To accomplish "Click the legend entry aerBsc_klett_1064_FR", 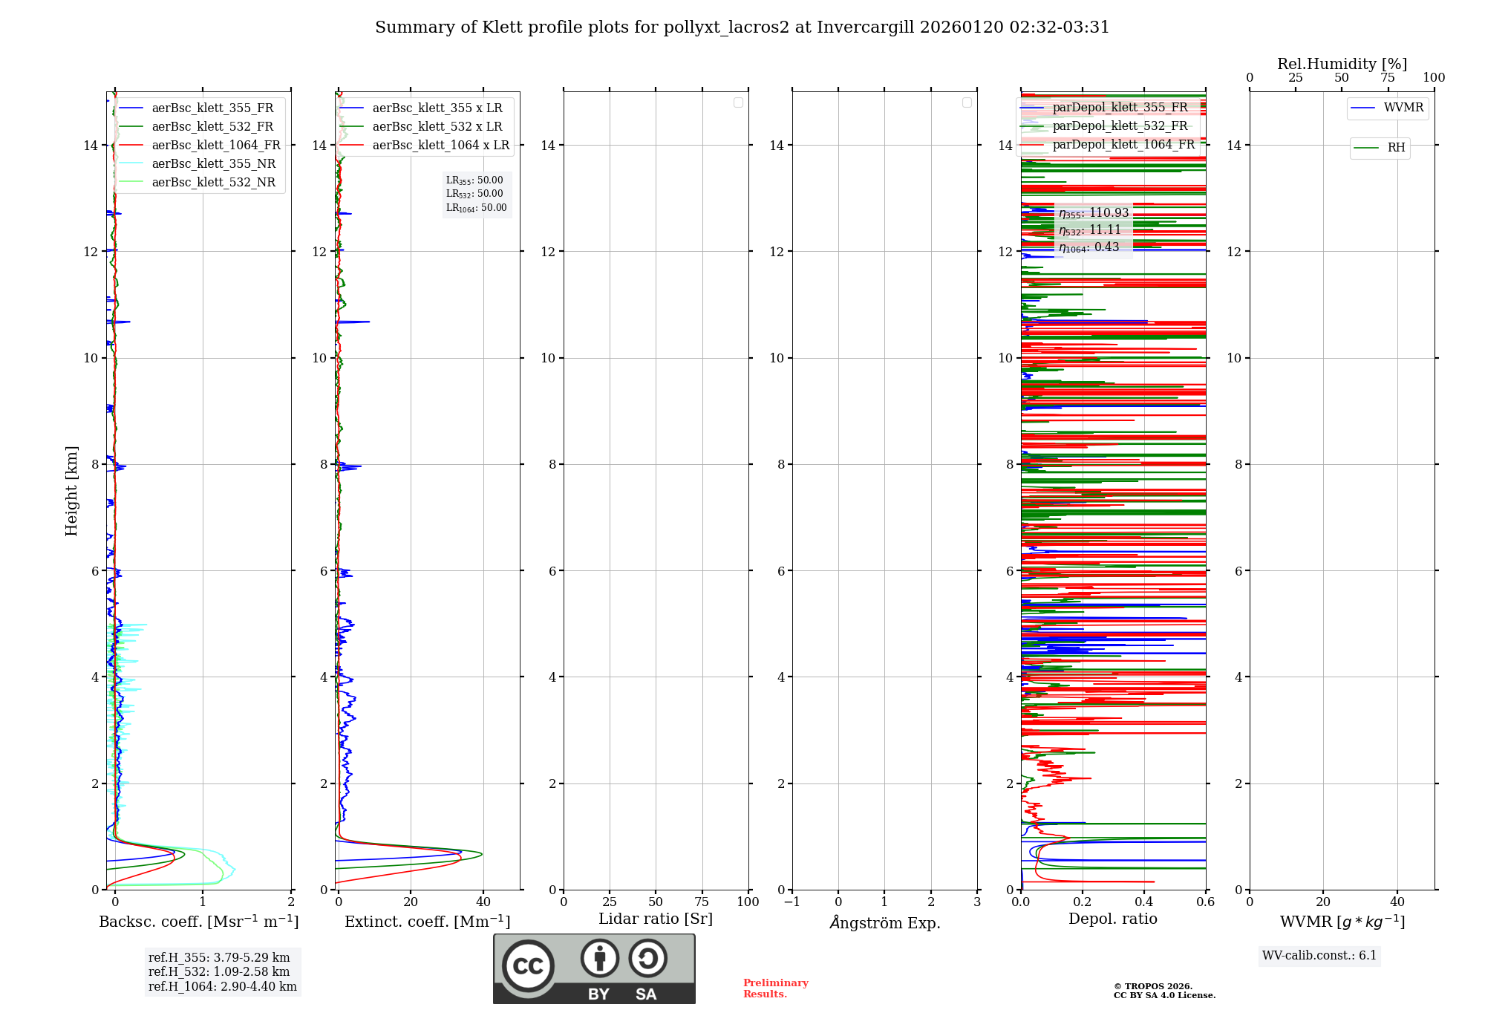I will tap(215, 146).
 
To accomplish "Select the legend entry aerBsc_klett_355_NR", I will tap(213, 164).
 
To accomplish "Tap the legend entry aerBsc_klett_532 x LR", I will tap(437, 127).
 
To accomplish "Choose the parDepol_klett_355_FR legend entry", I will tap(1120, 108).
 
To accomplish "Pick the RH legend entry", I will tap(1396, 148).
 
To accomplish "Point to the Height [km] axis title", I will tap(71, 491).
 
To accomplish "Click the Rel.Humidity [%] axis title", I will tap(1342, 64).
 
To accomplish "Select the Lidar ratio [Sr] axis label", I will tap(656, 919).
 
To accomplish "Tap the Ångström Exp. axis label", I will tap(884, 923).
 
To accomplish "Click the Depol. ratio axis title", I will tap(1112, 919).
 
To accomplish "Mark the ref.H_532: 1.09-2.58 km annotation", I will tap(219, 972).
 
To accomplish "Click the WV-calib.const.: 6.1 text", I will tap(1319, 956).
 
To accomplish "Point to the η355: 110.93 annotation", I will tap(1094, 213).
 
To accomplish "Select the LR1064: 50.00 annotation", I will tap(476, 208).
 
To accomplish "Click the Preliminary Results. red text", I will tap(775, 988).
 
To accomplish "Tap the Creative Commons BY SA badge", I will tap(594, 968).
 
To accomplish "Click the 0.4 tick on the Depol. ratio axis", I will tap(1144, 902).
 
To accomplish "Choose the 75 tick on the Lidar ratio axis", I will tap(702, 902).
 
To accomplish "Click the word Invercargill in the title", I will tap(864, 27).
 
